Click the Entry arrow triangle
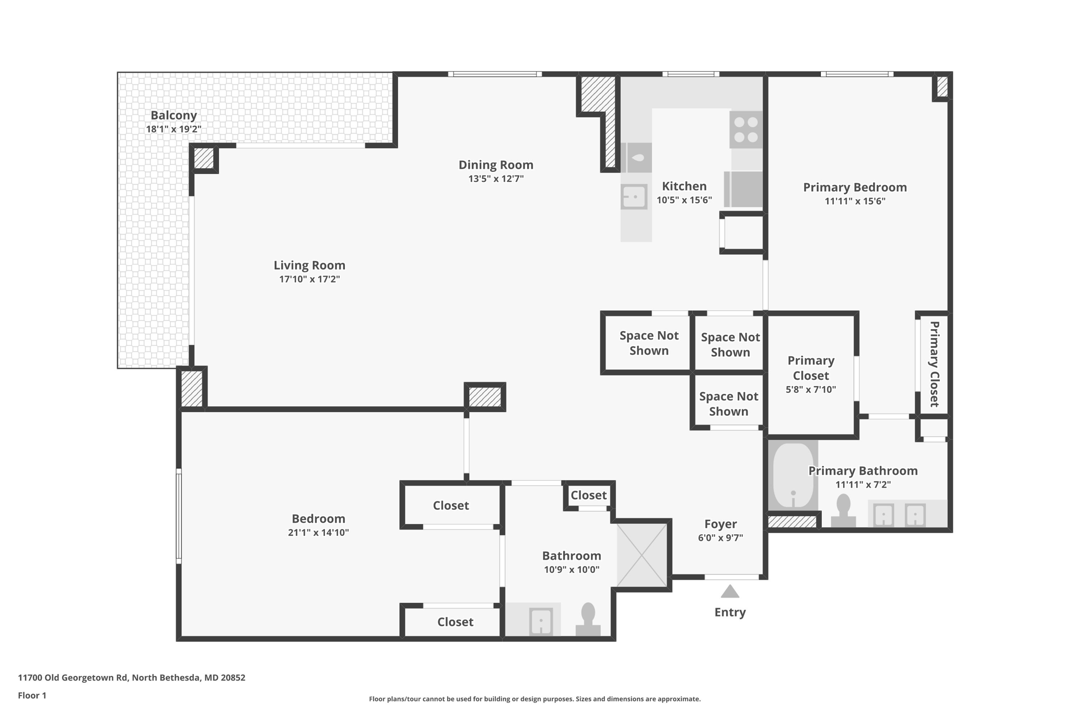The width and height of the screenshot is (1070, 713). pos(730,591)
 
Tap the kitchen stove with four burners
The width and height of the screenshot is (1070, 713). pos(746,130)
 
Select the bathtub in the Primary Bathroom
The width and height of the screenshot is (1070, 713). pos(793,475)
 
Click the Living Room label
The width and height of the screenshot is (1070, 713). pos(309,265)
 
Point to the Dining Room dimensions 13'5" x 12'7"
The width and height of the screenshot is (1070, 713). pos(496,179)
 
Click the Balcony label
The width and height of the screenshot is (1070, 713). pos(174,115)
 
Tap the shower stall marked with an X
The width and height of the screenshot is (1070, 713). pos(642,555)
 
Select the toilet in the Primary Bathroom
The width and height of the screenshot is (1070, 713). pos(843,510)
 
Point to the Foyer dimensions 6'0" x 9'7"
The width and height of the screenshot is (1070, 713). pos(720,537)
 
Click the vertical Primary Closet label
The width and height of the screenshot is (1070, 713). pos(935,364)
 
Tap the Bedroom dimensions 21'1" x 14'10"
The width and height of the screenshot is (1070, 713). pos(318,533)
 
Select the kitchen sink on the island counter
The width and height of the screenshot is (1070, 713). pos(634,197)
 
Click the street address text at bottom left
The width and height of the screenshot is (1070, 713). pos(132,677)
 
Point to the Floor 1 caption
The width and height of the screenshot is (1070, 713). pos(32,695)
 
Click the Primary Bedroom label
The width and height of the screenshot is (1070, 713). pos(855,187)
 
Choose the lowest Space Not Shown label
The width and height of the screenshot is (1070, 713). pos(728,404)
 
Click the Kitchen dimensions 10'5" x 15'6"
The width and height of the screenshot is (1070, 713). pos(684,200)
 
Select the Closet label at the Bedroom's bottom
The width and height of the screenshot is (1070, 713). pos(455,622)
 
